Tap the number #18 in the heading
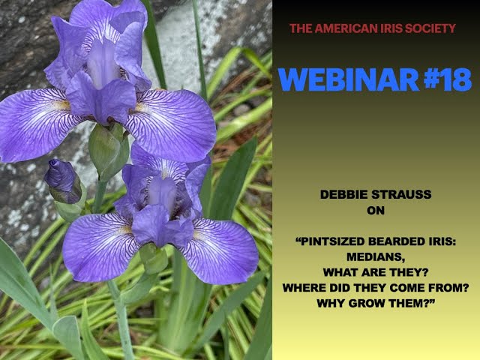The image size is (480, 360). pos(440,79)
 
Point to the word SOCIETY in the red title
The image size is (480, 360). pos(429,28)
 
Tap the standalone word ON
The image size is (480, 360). pos(375,211)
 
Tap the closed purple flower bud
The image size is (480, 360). pos(61,180)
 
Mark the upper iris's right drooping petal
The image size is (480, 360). pos(171,124)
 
